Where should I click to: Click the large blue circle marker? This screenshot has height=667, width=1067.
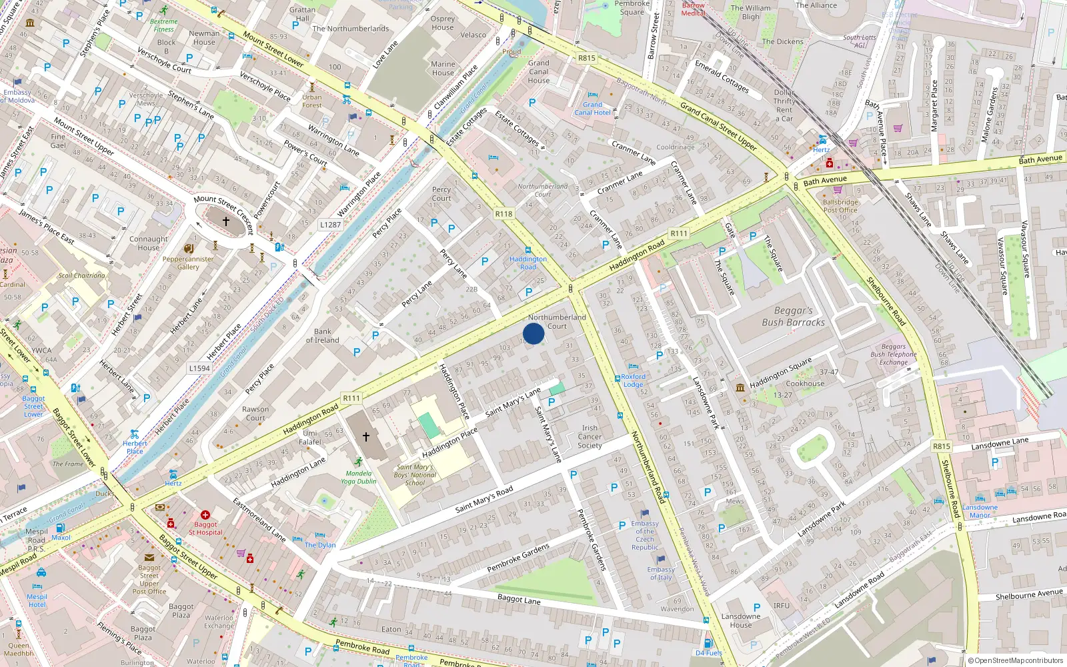[x=533, y=333]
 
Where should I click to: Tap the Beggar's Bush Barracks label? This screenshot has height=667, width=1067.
[x=793, y=316]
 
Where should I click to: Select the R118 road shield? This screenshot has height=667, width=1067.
[x=503, y=214]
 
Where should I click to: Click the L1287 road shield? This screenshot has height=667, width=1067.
[x=330, y=225]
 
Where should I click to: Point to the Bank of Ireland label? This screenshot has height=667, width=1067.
[x=322, y=336]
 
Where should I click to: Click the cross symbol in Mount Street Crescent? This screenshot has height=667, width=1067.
[x=226, y=221]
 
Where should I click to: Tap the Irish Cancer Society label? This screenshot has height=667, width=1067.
[x=590, y=437]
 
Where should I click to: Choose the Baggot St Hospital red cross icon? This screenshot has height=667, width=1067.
[x=205, y=515]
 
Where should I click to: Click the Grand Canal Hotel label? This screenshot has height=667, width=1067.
[x=592, y=109]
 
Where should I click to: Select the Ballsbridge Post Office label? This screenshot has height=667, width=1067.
[x=840, y=205]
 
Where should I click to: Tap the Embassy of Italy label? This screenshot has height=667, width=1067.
[x=661, y=574]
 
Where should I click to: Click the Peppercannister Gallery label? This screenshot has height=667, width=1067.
[x=188, y=263]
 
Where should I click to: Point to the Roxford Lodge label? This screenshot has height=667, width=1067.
[x=633, y=380]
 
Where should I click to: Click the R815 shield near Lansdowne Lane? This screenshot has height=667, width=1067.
[x=941, y=446]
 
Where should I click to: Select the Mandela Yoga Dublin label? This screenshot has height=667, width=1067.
[x=359, y=477]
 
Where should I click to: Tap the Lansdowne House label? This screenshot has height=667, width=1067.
[x=740, y=620]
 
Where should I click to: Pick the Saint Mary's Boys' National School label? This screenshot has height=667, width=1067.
[x=414, y=475]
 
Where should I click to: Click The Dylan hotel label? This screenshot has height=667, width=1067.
[x=320, y=545]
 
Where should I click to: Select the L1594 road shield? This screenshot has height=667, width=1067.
[x=199, y=368]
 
